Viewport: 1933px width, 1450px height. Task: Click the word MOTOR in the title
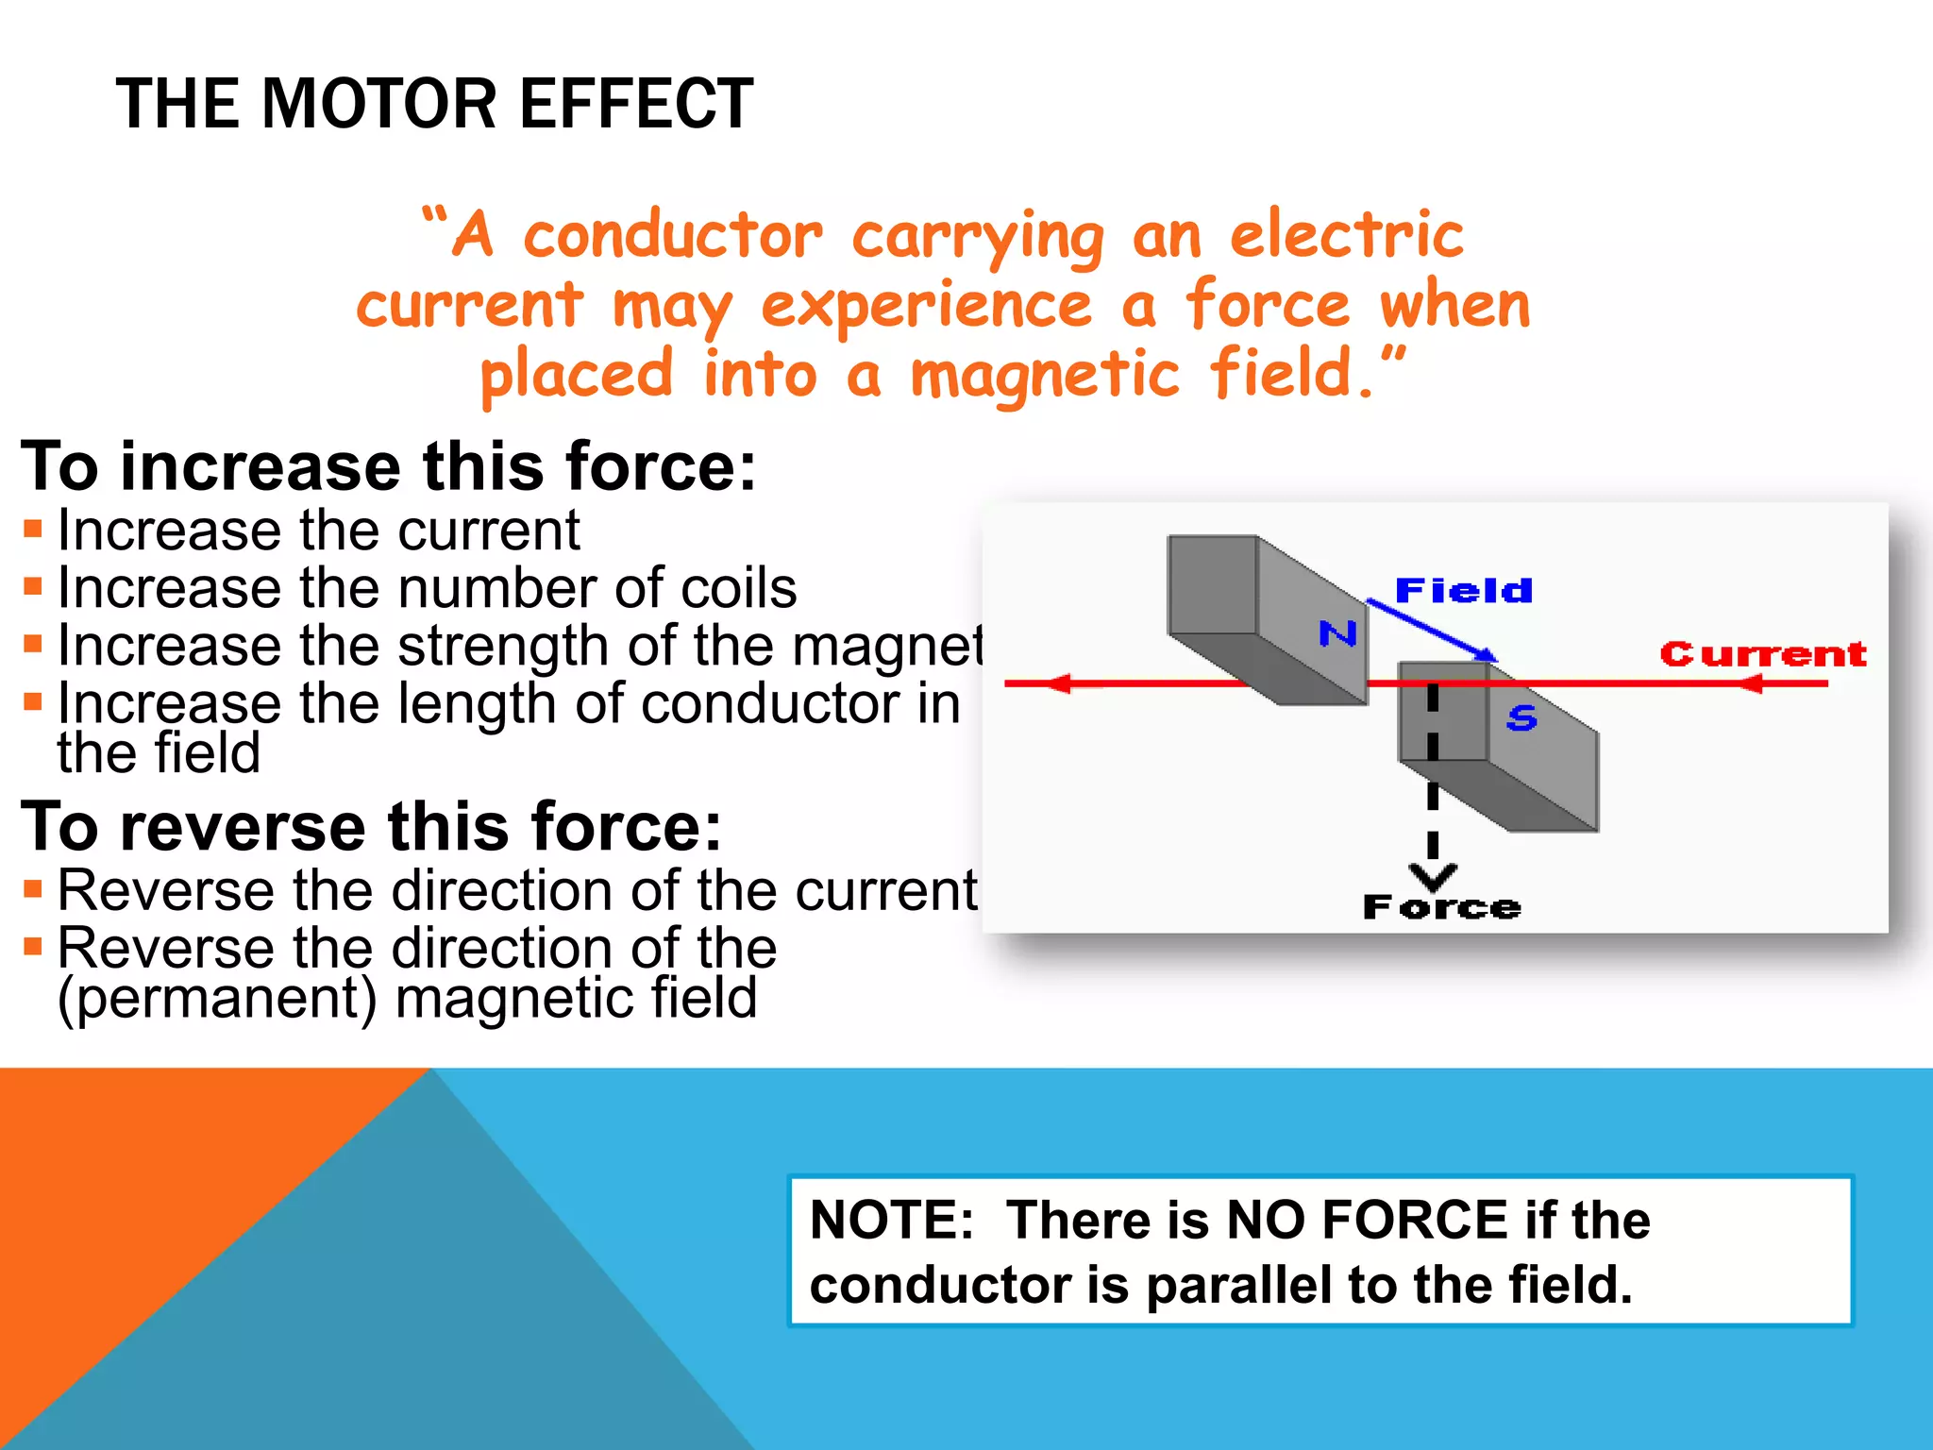pos(379,104)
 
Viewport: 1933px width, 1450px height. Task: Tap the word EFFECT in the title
pos(636,104)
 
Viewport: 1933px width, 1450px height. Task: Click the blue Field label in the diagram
pos(1463,591)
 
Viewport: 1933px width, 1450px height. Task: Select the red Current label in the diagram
pos(1762,654)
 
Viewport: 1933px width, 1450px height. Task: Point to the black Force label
pos(1441,908)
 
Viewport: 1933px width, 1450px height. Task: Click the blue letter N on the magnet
pos(1337,633)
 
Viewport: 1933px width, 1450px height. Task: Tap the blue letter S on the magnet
pos(1521,718)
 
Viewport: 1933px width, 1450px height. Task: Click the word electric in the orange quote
pos(1347,236)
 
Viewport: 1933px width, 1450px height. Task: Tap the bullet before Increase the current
pos(33,529)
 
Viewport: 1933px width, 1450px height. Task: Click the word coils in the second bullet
pos(738,588)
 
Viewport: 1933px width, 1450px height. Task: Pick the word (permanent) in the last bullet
pos(217,998)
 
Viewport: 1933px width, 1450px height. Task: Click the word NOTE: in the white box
pos(891,1220)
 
